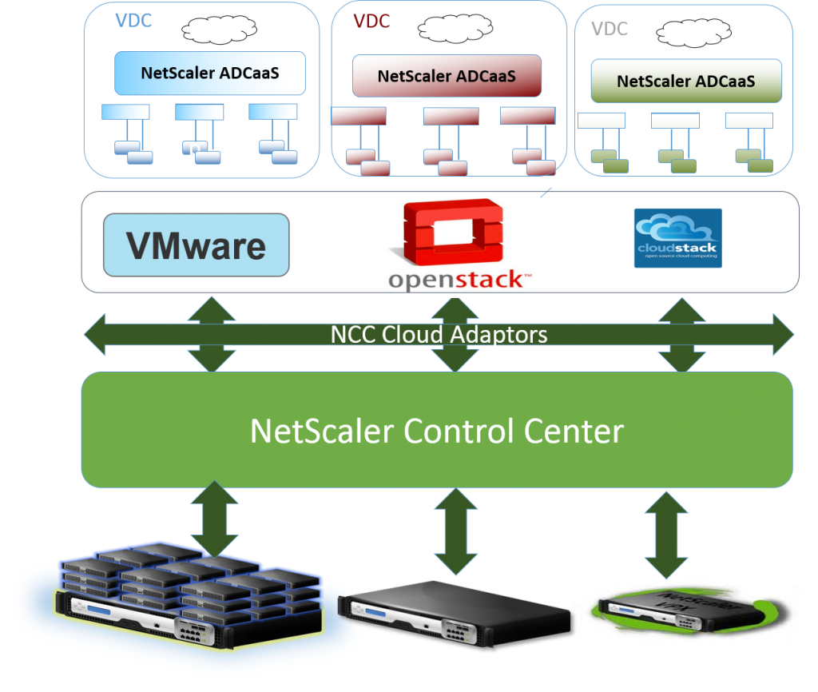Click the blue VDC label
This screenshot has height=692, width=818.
pyautogui.click(x=133, y=21)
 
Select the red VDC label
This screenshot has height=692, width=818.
pyautogui.click(x=371, y=22)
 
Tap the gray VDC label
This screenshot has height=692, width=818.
pyautogui.click(x=609, y=30)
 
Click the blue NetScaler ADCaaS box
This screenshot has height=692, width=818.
pyautogui.click(x=210, y=74)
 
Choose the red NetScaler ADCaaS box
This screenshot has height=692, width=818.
pyautogui.click(x=447, y=77)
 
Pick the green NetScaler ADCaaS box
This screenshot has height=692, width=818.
pyautogui.click(x=686, y=82)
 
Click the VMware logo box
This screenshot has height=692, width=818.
pyautogui.click(x=196, y=245)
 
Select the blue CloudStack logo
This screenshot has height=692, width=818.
pyautogui.click(x=677, y=238)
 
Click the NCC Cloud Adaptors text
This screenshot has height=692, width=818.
pyautogui.click(x=439, y=334)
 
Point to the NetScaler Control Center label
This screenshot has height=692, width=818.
pyautogui.click(x=436, y=431)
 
